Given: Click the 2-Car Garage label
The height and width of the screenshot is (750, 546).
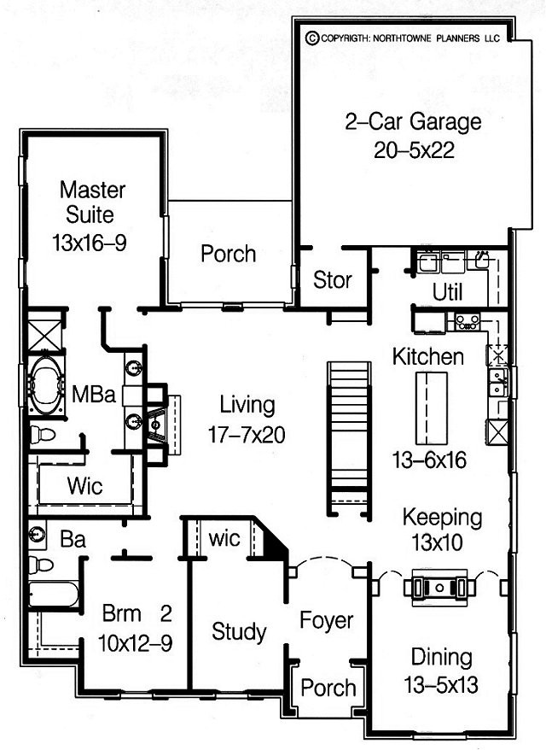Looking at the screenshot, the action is coord(413,121).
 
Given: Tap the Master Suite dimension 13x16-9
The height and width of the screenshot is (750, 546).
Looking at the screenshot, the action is coord(90,243).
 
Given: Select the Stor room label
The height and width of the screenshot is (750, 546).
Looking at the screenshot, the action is coord(333,280).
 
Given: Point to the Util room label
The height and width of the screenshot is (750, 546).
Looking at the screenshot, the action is coord(448,292).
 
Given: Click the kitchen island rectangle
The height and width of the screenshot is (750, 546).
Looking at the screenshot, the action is coord(432,408).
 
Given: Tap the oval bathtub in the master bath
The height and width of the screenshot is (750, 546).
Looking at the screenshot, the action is coord(46,384).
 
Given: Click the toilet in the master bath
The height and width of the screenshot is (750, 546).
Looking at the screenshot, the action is coord(42,434).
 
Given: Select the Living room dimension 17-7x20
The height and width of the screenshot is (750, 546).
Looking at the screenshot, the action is coord(247,435).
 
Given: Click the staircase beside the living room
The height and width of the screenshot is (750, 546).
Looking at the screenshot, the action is coord(349,437).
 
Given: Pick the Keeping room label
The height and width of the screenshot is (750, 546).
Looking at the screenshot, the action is coord(442,518).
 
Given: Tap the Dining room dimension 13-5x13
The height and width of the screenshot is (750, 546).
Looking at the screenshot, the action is coord(440,685).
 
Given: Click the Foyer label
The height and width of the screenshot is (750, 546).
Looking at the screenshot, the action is coord(326,620).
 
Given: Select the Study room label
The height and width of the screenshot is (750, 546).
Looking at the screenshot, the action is coord(239,631).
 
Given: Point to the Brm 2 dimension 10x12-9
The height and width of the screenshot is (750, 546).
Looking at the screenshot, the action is coord(135,643).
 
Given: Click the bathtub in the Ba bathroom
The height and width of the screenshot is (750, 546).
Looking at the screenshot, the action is coord(53,594).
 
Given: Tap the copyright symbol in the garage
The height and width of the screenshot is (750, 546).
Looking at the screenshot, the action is coord(312,38).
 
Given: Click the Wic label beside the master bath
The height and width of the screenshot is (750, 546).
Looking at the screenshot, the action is coord(85,486).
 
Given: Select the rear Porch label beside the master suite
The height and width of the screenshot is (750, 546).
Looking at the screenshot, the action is coord(229,254).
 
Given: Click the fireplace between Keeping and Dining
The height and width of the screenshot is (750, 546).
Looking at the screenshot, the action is coord(440,587).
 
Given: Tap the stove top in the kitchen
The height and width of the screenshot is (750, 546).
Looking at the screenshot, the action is coord(468,321).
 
